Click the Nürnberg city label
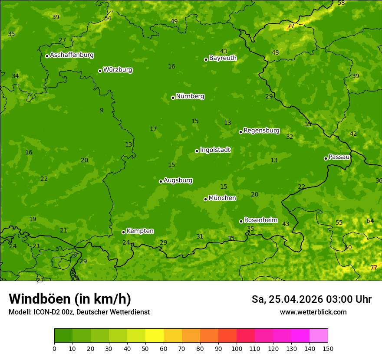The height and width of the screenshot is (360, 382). (x=190, y=96)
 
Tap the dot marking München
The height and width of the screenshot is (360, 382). (x=205, y=199)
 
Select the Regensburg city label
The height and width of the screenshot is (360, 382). (x=261, y=131)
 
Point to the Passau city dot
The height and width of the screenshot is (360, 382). (x=326, y=158)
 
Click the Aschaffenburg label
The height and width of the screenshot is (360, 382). (x=72, y=55)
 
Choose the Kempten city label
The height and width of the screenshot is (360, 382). (x=140, y=231)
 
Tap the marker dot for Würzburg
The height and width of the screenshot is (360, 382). (x=100, y=71)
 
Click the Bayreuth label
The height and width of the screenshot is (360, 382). (x=223, y=58)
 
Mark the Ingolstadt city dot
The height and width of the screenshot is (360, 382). (x=197, y=151)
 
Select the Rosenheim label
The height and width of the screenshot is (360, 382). (x=260, y=220)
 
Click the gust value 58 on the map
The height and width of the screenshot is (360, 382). (x=341, y=3)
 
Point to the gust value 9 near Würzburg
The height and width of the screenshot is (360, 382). (x=102, y=110)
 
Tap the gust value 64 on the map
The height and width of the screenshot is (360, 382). (x=370, y=221)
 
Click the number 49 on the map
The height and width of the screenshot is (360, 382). (x=174, y=21)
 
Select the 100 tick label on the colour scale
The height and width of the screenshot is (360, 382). (x=237, y=348)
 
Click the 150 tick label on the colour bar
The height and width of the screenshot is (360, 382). (x=328, y=348)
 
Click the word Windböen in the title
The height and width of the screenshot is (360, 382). (x=40, y=299)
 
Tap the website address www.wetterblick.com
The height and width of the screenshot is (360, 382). (x=313, y=312)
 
